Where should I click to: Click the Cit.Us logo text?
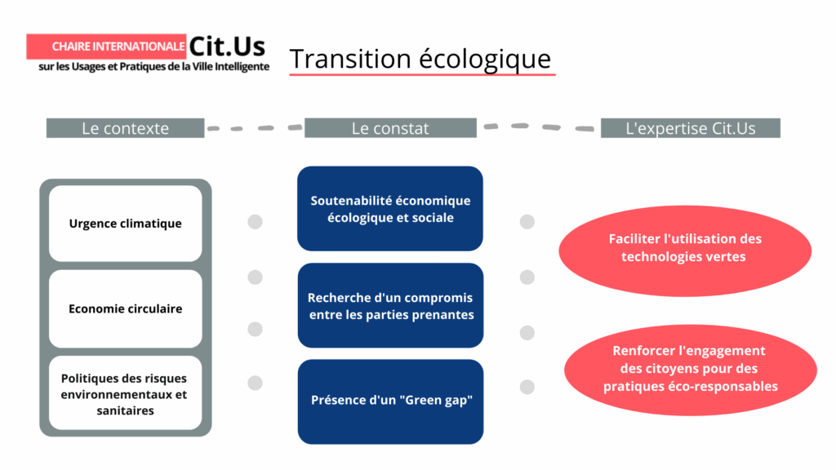(228, 46)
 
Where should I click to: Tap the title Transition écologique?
(420, 59)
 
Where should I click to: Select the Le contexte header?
(125, 128)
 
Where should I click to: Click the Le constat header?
(390, 128)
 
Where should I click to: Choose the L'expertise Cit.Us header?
(690, 128)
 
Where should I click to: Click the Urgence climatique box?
(125, 224)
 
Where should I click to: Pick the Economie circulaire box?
(125, 308)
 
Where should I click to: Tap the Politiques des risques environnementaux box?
(125, 394)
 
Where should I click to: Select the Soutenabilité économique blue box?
(390, 209)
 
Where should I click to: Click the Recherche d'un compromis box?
(390, 306)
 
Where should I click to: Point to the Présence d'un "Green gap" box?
(390, 401)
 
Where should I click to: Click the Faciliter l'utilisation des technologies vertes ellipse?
(685, 248)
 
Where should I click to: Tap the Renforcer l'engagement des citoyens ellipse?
(690, 368)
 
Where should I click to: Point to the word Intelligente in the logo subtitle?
(238, 67)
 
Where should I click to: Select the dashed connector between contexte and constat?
(254, 128)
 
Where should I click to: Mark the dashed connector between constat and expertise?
(539, 127)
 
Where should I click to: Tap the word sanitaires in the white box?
(125, 410)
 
